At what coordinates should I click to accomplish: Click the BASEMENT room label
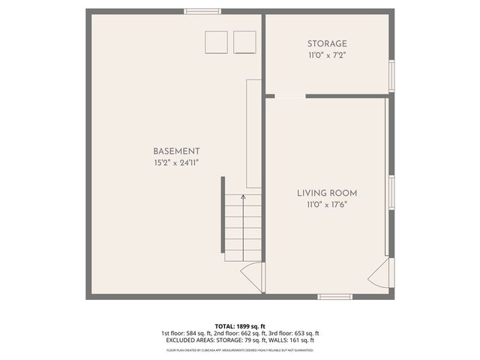coord(176,151)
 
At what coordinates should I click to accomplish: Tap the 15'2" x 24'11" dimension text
coord(176,163)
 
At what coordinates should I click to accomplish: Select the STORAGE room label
coord(327,43)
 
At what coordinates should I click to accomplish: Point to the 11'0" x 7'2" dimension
coord(327,55)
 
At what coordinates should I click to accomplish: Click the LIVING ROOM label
coord(326,193)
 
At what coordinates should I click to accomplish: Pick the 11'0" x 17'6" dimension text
coord(326,204)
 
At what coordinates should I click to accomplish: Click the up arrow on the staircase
coord(243,198)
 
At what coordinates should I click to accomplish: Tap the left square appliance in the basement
coord(217,42)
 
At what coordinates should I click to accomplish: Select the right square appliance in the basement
coord(244,42)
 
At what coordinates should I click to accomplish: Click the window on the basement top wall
coord(202,11)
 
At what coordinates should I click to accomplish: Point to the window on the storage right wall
coord(391,76)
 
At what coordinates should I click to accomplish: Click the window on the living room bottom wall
coord(334,297)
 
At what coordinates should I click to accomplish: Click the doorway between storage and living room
coord(290,95)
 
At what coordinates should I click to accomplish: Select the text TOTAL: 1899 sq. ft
coord(240,326)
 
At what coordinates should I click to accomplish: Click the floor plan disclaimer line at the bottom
coord(240,349)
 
